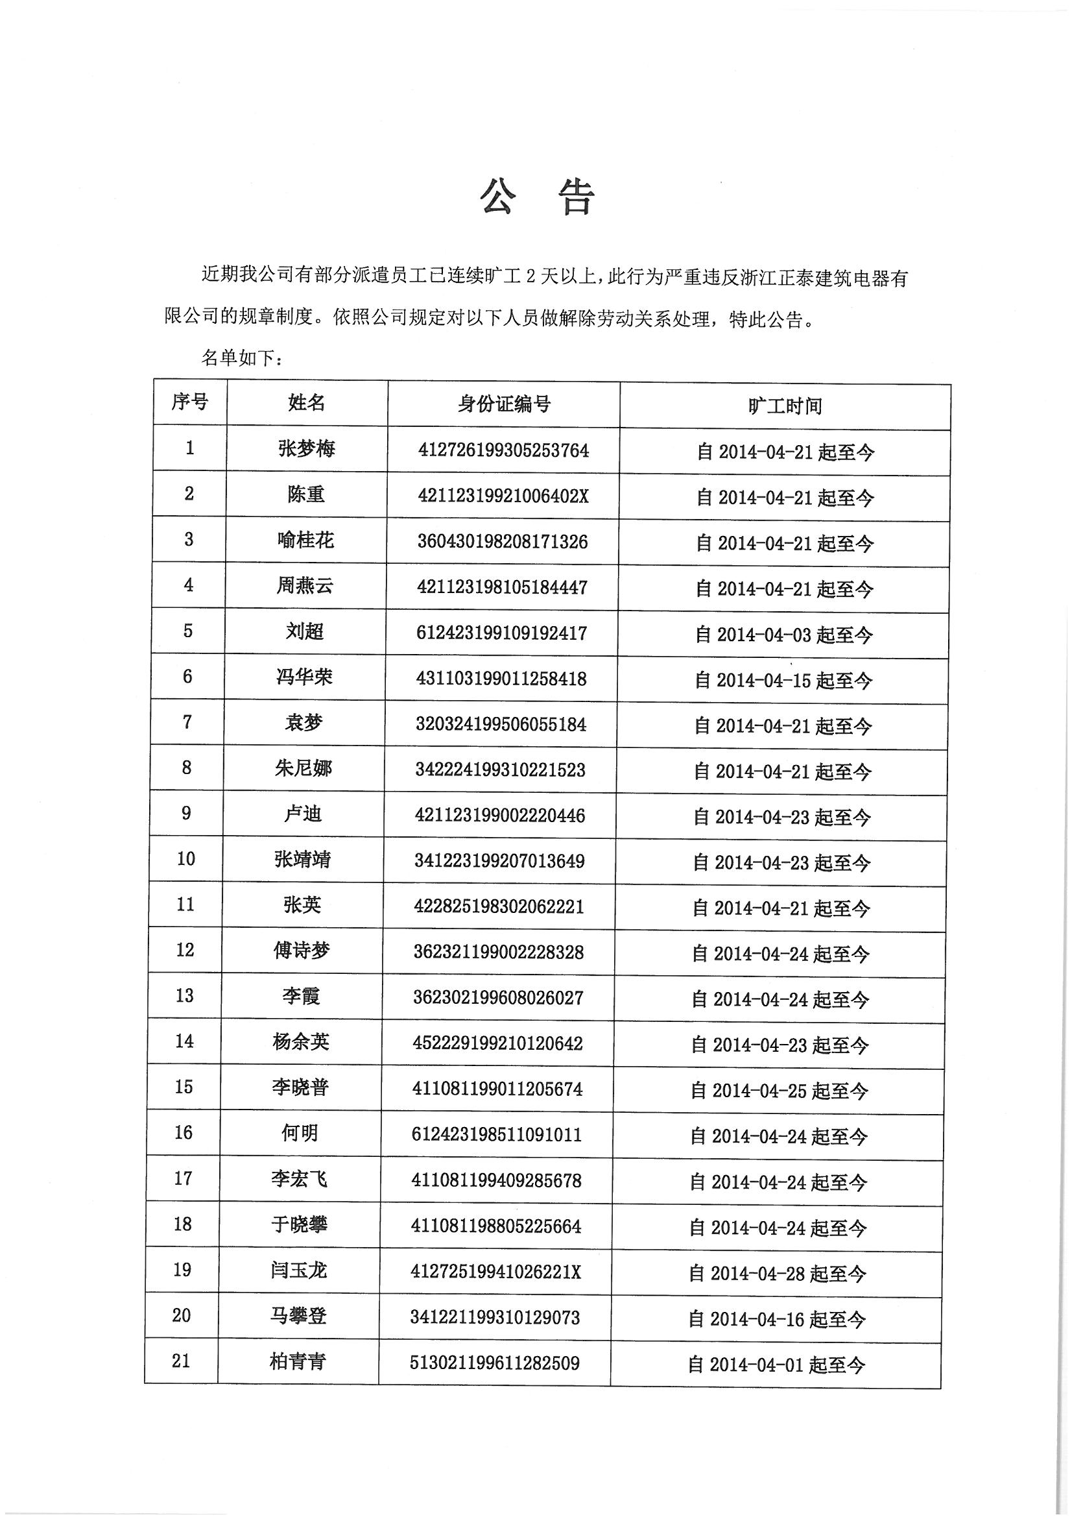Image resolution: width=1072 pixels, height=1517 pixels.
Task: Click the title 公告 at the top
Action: [537, 197]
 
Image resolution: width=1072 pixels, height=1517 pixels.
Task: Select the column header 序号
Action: [189, 401]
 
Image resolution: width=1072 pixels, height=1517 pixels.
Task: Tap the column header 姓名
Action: [307, 402]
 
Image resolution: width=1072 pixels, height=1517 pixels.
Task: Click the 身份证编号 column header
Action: [504, 404]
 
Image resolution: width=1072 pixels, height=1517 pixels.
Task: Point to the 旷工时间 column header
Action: [785, 406]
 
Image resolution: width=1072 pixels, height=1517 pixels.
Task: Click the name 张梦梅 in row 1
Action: [307, 448]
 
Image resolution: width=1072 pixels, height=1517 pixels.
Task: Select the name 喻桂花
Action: [306, 540]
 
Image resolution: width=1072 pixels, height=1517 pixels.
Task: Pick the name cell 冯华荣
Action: [305, 677]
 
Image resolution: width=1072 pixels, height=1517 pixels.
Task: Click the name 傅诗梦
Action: [302, 951]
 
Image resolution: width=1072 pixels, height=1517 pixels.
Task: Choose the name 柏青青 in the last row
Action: [298, 1362]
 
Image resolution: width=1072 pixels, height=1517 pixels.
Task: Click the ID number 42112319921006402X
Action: [503, 496]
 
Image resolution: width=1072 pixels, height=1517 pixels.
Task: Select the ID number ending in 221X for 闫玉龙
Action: [496, 1272]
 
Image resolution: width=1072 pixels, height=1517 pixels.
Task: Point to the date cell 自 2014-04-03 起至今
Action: [784, 635]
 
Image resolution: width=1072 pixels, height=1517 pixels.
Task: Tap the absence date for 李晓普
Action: [780, 1091]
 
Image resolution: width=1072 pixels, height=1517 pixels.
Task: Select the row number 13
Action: [184, 996]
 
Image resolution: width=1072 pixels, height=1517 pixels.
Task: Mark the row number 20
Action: [182, 1315]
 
